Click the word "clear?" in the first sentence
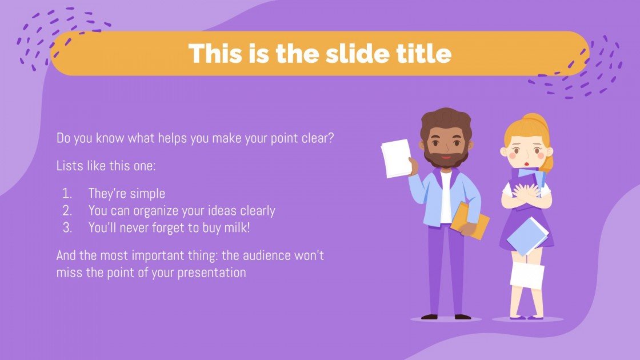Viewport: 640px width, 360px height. [315, 138]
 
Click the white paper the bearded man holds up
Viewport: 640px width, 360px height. [396, 158]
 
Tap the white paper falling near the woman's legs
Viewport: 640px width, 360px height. [527, 275]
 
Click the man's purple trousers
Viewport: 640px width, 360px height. [446, 269]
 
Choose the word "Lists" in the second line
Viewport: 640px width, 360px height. [69, 166]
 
